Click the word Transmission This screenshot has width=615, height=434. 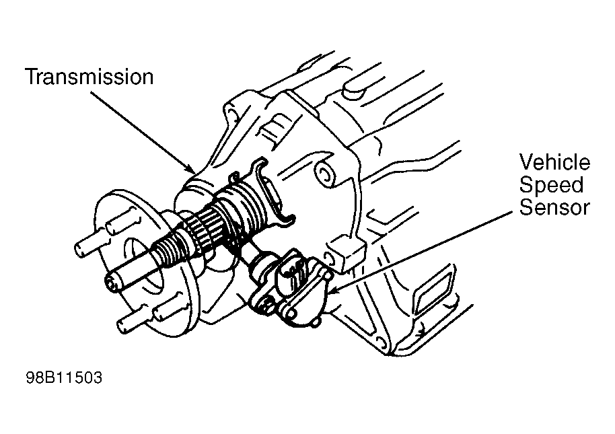89,77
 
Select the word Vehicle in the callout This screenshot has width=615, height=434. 554,162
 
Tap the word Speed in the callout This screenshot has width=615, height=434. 552,186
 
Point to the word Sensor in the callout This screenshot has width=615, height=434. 554,207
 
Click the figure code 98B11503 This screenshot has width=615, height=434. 64,377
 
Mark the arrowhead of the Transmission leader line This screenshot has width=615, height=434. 192,170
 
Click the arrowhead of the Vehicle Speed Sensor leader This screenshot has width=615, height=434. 332,290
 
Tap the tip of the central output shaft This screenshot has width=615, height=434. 112,284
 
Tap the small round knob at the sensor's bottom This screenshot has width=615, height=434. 316,323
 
